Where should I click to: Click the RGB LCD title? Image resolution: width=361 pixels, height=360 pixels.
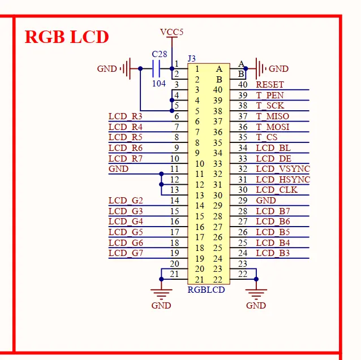[66, 37]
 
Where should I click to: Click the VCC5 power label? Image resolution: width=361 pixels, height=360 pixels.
[171, 32]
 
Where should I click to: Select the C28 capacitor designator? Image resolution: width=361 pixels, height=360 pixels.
[160, 54]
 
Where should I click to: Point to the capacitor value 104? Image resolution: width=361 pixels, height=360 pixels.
[159, 83]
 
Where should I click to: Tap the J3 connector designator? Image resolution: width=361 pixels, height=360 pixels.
[192, 59]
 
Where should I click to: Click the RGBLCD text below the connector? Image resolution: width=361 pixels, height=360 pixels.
[206, 290]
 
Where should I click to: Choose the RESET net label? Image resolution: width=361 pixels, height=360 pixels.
[270, 85]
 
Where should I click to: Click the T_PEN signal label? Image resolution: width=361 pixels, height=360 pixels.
[270, 95]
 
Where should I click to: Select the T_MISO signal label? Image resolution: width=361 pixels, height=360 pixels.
[272, 116]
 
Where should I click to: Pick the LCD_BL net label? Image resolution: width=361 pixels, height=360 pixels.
[272, 148]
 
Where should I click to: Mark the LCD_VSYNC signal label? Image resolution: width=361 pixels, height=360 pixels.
[282, 169]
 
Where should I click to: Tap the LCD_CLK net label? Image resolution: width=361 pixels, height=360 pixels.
[276, 190]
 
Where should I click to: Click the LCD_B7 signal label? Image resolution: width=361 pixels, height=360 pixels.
[273, 211]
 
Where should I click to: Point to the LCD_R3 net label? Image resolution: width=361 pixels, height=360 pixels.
[126, 116]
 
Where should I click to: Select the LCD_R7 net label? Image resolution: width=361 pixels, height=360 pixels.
[126, 159]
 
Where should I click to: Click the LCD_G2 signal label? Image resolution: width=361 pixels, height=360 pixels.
[126, 201]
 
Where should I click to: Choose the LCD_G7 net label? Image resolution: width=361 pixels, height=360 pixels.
[126, 253]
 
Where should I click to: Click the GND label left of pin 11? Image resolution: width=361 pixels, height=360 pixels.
[118, 169]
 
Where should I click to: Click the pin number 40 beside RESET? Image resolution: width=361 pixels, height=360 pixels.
[243, 85]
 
